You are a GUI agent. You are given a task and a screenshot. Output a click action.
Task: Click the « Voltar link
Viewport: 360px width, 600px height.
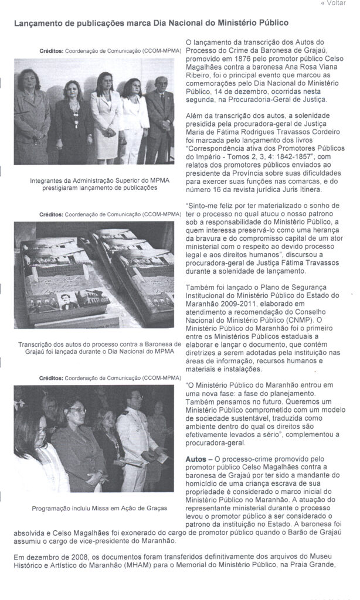coord(333,4)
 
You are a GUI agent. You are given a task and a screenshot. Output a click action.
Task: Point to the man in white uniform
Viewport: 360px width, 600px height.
coord(137,434)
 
